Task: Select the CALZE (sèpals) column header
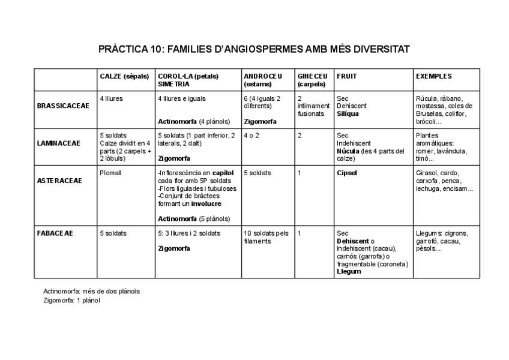[x=124, y=76]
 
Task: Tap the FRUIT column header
[x=347, y=76]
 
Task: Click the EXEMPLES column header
[x=434, y=76]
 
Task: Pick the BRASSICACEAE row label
[x=63, y=106]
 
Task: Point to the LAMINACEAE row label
[x=58, y=143]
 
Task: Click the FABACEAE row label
[x=55, y=233]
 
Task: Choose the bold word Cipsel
[x=347, y=173]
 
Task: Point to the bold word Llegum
[x=349, y=271]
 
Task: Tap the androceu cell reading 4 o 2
[x=251, y=136]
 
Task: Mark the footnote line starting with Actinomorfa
[x=91, y=291]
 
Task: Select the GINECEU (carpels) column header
[x=313, y=80]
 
